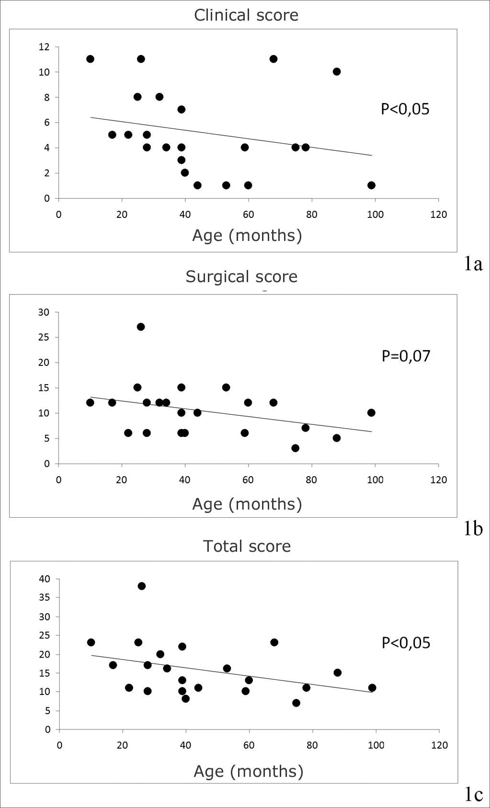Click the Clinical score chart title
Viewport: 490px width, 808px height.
coord(246,15)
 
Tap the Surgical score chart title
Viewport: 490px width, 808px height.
coord(241,277)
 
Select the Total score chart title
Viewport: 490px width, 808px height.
coord(247,546)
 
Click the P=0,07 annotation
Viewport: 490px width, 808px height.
coord(406,356)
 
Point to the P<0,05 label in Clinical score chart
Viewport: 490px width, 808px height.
coord(405,109)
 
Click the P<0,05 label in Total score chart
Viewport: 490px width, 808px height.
coord(406,643)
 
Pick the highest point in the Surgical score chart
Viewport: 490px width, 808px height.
coord(141,327)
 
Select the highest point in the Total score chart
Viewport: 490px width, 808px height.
coord(141,586)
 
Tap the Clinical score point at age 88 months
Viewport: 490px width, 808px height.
coord(337,71)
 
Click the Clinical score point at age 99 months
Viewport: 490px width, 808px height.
coord(371,185)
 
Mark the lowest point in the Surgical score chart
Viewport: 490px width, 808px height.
coord(295,448)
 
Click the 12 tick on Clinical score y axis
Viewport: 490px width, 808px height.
coord(44,47)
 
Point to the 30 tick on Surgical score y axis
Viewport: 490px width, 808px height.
coord(44,312)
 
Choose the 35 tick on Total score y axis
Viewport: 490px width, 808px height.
coord(45,597)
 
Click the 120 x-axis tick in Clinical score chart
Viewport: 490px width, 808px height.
coord(439,215)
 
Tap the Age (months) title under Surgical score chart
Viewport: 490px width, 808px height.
coord(247,504)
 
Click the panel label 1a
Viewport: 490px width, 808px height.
coord(473,264)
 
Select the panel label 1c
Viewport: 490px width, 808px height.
coord(473,794)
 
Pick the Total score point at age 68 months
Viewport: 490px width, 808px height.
coord(274,642)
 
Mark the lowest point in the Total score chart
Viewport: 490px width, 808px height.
coord(296,703)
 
